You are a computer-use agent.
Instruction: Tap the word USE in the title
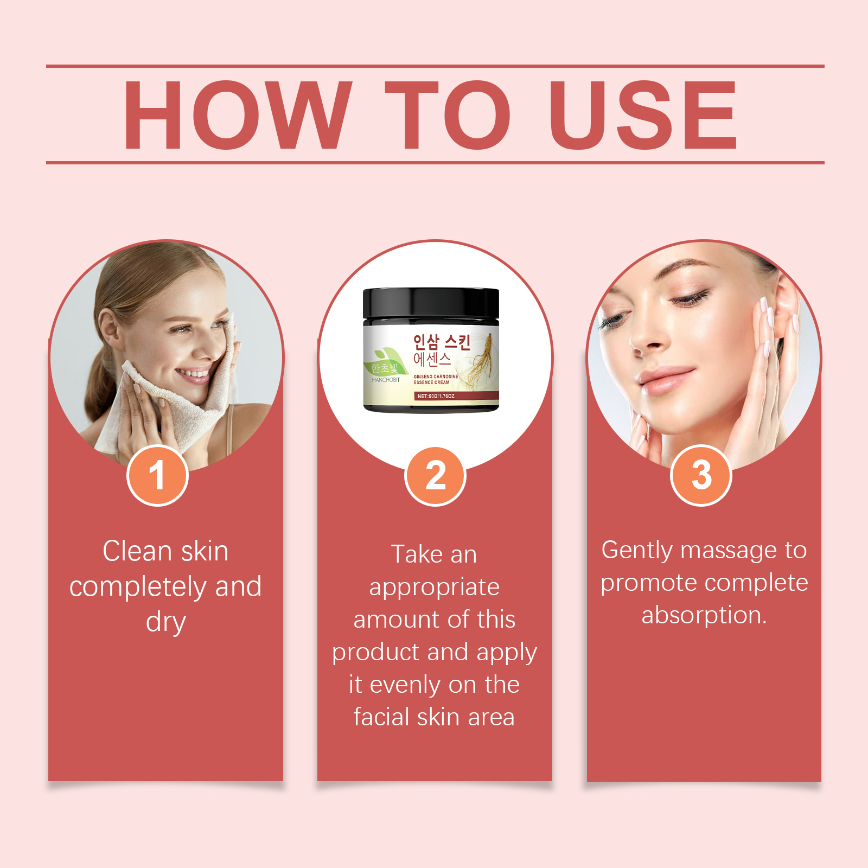pos(643,114)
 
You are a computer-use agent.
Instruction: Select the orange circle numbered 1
pos(157,476)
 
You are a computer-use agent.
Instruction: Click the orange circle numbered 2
pos(435,476)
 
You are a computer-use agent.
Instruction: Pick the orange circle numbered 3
pos(701,476)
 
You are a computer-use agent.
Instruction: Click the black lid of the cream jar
pos(431,304)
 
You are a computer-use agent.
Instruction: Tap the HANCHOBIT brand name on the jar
pos(386,380)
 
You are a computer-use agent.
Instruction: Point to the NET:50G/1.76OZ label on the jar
pos(436,396)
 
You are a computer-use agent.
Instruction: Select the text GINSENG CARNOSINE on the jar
pos(436,376)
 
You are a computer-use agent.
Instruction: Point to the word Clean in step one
pos(138,551)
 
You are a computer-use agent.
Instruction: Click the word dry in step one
pos(166,623)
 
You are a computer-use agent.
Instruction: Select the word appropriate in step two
pos(435,588)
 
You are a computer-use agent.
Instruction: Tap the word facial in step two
pos(382,717)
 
